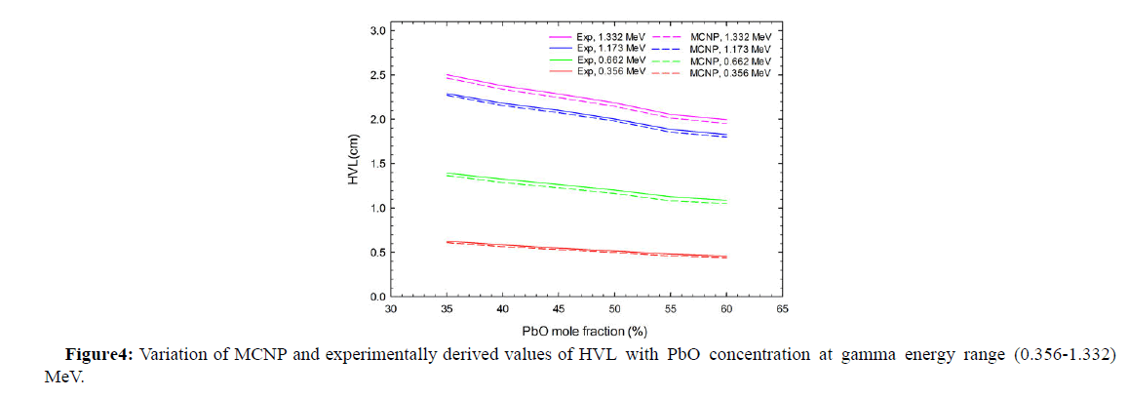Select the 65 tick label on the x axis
pos(782,309)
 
